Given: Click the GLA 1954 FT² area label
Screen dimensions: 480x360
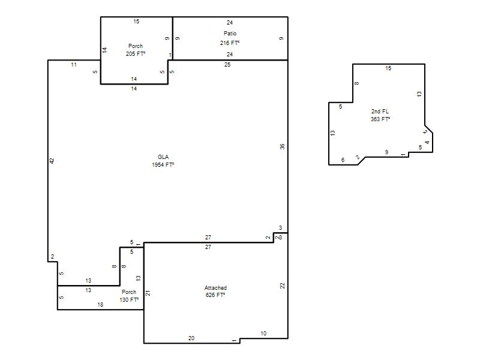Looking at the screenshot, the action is click(163, 161).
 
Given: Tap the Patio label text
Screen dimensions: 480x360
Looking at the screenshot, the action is click(230, 33).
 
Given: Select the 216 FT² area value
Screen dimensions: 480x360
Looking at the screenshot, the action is click(230, 43).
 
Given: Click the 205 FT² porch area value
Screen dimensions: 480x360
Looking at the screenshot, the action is click(136, 53).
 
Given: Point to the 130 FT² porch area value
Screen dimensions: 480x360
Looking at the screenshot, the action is click(129, 299).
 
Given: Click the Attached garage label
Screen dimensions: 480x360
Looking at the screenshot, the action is click(215, 288).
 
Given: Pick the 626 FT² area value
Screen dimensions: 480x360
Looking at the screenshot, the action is click(215, 295).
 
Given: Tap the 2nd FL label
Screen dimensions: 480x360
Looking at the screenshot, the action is click(380, 111).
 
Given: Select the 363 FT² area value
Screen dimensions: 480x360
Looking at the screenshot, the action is click(380, 119).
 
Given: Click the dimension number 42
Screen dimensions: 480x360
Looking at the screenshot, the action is click(52, 161).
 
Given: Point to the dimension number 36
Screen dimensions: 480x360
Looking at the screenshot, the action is click(282, 146).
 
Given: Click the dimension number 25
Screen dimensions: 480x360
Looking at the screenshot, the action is click(227, 65).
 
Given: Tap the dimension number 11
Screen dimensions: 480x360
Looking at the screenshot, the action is click(74, 65).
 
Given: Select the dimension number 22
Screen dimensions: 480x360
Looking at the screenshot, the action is click(282, 286).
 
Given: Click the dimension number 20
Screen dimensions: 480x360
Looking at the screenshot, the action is click(191, 338).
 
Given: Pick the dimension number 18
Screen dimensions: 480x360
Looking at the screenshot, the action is click(100, 305).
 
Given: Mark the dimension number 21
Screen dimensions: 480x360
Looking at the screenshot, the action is click(148, 293).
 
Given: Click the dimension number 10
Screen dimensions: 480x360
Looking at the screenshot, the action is click(263, 334).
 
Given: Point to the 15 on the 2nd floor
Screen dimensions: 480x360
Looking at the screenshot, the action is click(388, 68).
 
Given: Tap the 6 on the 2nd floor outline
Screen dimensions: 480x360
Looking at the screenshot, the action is click(343, 160).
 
